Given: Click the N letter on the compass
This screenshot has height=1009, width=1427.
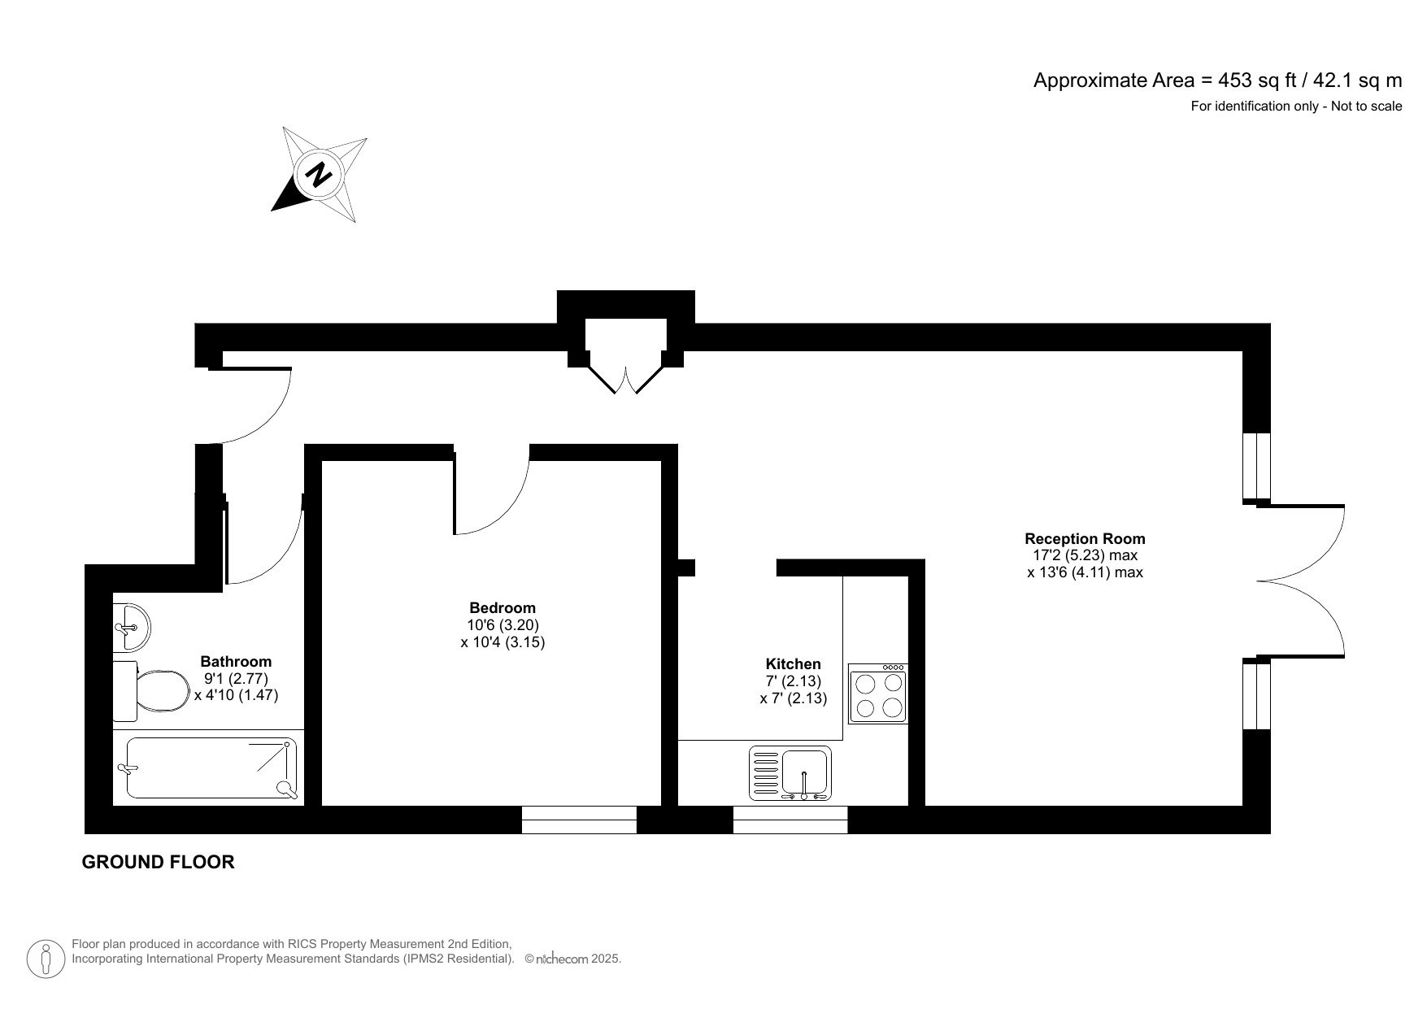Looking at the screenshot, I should click(x=319, y=173).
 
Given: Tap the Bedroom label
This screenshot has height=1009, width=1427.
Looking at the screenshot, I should click(x=502, y=607).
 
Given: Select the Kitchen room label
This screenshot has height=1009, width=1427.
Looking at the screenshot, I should click(x=793, y=664).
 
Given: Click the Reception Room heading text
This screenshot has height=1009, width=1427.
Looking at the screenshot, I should click(x=1085, y=538).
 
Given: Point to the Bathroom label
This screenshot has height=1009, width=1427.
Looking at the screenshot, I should click(x=236, y=662).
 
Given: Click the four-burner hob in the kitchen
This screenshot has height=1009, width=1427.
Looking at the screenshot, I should click(x=877, y=694).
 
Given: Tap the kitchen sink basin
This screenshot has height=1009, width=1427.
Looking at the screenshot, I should click(x=805, y=772).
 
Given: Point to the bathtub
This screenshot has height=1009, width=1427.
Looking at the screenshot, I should click(x=210, y=768).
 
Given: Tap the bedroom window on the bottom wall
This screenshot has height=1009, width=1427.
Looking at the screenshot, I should click(x=579, y=820).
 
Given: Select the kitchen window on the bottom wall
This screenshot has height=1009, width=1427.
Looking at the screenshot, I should click(x=790, y=820).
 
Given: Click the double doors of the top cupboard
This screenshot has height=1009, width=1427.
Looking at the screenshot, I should click(x=626, y=378).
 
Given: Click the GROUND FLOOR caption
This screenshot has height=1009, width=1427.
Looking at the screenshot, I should click(x=158, y=863).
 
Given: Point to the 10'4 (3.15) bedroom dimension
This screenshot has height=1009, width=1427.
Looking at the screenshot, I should click(x=502, y=641).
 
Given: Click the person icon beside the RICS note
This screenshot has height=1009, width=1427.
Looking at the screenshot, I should click(x=46, y=959).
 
